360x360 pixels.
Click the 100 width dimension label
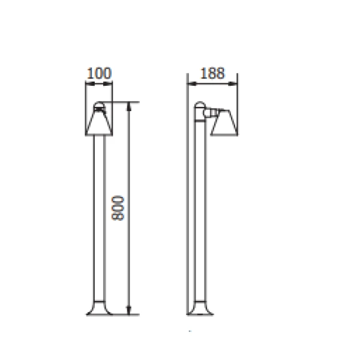click(x=99, y=73)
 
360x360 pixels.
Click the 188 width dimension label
click(x=212, y=73)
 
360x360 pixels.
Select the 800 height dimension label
click(x=118, y=208)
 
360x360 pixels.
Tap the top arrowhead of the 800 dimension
click(x=129, y=107)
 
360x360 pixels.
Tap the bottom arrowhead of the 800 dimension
click(x=129, y=310)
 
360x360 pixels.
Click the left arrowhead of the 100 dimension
click(x=90, y=84)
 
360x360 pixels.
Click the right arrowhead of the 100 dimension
click(x=108, y=84)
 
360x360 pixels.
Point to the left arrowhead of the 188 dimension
click(x=192, y=84)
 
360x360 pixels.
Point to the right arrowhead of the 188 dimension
click(x=233, y=84)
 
